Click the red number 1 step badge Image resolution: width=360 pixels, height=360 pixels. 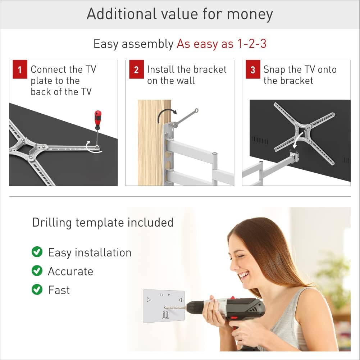coord(20,69)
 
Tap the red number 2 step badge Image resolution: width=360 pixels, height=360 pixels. coord(136,69)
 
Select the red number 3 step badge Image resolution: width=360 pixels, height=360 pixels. coord(253,69)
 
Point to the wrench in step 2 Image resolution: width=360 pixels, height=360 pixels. coord(185,118)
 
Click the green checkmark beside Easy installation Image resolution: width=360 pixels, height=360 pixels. coord(37,252)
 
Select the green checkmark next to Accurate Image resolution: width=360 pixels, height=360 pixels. coord(37,271)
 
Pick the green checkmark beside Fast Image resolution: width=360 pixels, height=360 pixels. coord(37,290)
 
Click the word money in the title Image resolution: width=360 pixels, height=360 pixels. coord(250,14)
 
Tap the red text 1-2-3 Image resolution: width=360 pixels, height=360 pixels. coord(252,44)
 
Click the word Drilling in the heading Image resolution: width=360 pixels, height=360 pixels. coord(52,223)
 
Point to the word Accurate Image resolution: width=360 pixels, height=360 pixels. coord(70,271)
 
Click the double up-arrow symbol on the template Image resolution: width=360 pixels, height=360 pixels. coord(165,315)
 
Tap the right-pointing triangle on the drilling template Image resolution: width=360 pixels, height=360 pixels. coord(149,300)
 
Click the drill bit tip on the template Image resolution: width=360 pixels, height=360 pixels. coord(165,307)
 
